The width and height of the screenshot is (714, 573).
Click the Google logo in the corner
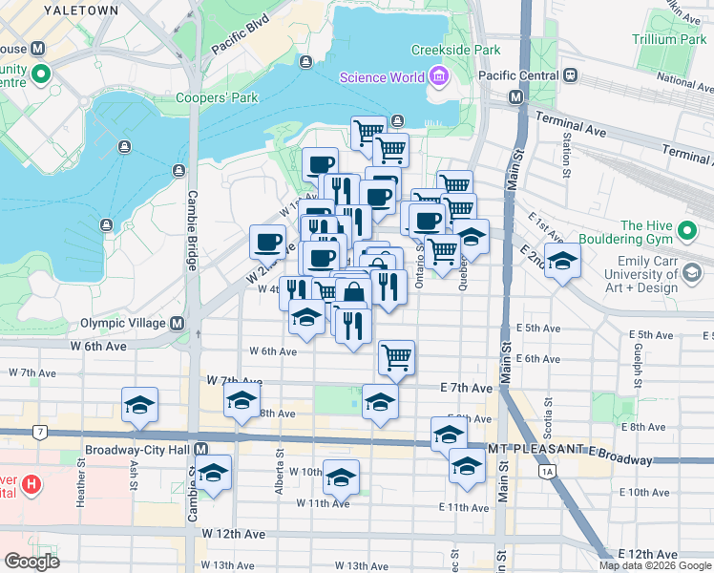pyautogui.click(x=31, y=562)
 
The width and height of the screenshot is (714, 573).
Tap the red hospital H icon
pyautogui.click(x=32, y=485)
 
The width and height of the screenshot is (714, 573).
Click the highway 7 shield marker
pyautogui.click(x=39, y=433)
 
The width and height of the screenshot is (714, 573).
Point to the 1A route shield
pyautogui.click(x=546, y=471)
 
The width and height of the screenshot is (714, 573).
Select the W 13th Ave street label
pyautogui.click(x=235, y=565)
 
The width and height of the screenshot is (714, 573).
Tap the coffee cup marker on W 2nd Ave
pyautogui.click(x=267, y=241)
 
